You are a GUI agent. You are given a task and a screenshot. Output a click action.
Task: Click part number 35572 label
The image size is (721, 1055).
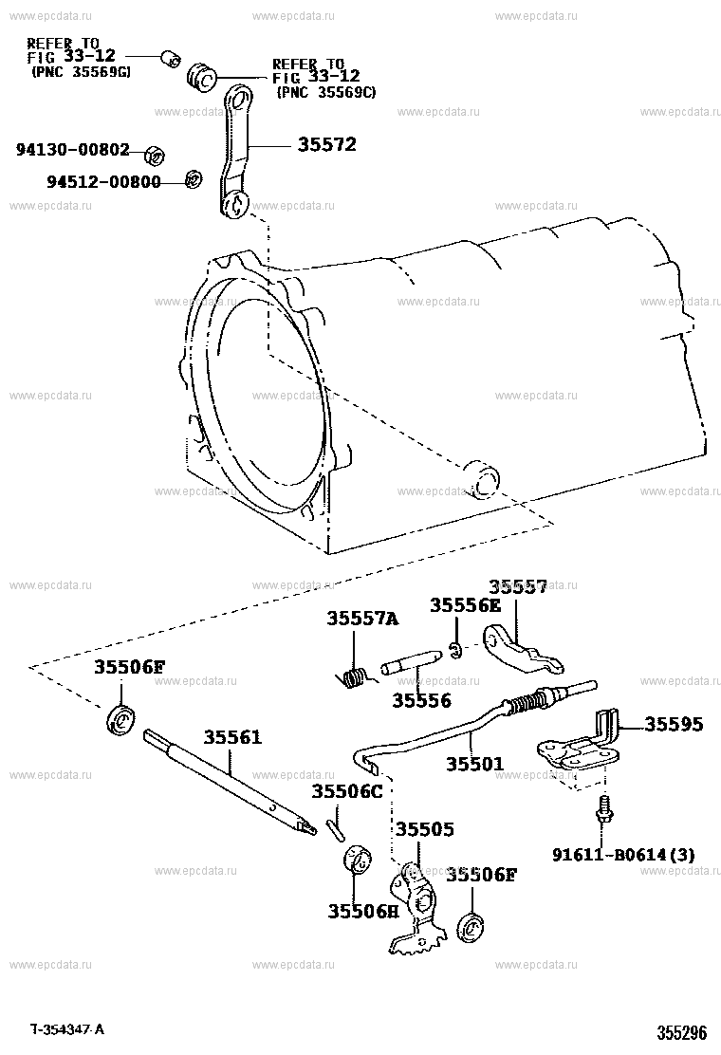tap(327, 145)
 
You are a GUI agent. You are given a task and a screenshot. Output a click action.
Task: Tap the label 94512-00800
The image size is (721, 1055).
tap(102, 181)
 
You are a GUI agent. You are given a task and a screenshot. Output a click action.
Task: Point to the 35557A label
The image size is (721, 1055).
tap(362, 618)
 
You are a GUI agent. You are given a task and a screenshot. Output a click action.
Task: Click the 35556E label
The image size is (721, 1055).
tap(465, 605)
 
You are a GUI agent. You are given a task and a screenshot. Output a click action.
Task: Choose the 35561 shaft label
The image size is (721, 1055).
tap(231, 737)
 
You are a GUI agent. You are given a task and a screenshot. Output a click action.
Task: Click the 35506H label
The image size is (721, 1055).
tap(363, 911)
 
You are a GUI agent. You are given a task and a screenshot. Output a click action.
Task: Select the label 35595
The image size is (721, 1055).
tap(675, 724)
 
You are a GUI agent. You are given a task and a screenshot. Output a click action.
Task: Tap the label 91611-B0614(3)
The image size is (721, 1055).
tap(623, 854)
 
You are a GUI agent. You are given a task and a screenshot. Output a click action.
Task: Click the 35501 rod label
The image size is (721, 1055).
tap(475, 763)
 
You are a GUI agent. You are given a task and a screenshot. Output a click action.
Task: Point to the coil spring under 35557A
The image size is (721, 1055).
tap(353, 676)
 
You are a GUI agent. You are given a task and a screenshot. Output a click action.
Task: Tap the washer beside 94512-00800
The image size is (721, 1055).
tap(193, 178)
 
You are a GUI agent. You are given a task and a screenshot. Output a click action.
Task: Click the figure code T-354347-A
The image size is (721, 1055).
tap(66, 1029)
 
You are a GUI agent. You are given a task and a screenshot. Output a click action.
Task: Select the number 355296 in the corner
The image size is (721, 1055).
tap(681, 1033)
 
